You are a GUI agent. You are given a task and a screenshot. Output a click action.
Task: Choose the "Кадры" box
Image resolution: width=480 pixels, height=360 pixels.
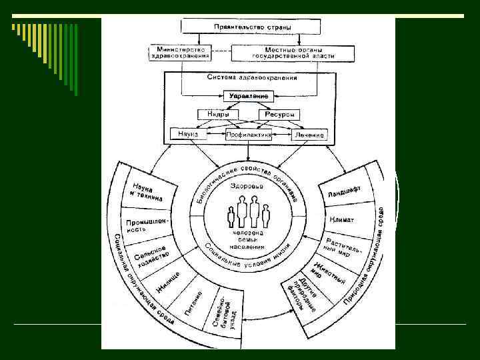click(x=214, y=115)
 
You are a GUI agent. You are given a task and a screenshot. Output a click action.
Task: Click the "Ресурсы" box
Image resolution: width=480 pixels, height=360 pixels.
click(x=279, y=115)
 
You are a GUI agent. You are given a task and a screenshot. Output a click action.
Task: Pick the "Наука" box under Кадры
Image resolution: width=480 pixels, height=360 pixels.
click(x=189, y=134)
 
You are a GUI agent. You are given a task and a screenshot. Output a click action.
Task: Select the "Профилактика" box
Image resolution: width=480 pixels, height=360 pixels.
click(x=248, y=135)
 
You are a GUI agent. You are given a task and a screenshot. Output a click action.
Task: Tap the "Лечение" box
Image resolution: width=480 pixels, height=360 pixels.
click(x=309, y=135)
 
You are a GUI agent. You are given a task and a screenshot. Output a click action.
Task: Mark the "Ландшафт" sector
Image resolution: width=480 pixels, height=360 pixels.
click(x=344, y=191)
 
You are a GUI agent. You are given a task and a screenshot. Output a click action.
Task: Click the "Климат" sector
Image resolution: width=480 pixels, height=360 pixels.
click(x=341, y=219)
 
